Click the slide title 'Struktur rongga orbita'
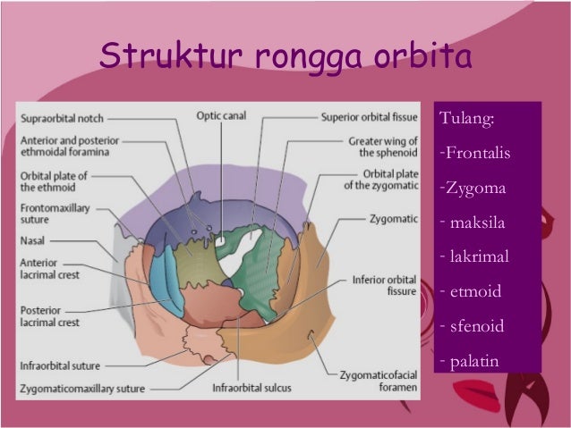[x=285, y=56]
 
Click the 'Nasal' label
[x=33, y=241]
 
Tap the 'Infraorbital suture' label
[x=60, y=366]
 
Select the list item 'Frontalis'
[x=475, y=154]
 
